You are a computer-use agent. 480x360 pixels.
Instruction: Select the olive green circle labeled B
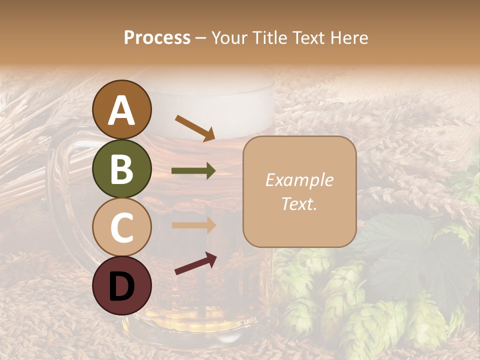(121, 168)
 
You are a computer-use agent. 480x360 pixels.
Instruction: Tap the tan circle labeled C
(121, 227)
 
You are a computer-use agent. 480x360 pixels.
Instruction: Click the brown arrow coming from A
(195, 127)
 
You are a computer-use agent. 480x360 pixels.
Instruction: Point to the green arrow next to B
(193, 171)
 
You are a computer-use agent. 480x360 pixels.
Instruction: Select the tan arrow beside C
(193, 225)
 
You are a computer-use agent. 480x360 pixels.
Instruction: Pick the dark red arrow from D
(195, 263)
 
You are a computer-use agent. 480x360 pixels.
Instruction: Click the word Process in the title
(157, 38)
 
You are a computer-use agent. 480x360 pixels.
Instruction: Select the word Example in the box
(299, 180)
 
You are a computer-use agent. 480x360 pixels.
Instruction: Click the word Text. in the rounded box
(299, 203)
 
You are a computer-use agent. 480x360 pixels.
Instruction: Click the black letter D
(121, 286)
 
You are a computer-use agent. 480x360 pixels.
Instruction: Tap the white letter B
(121, 169)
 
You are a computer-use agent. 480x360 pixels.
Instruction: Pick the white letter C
(121, 227)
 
